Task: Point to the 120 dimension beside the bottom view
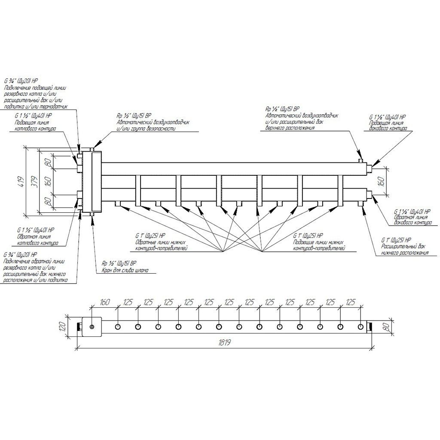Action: [x=63, y=327]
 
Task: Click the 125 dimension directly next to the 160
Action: [x=128, y=302]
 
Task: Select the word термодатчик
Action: [x=56, y=107]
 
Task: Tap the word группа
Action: [x=136, y=128]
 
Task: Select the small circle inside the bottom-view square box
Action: [x=92, y=327]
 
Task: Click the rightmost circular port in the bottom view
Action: [x=360, y=327]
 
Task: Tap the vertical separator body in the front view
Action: [x=92, y=181]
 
